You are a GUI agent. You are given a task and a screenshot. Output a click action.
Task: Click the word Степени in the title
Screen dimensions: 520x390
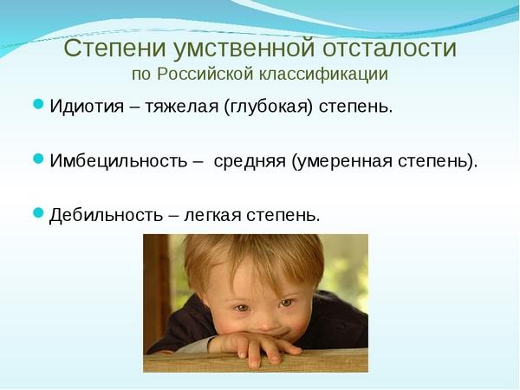coord(114,48)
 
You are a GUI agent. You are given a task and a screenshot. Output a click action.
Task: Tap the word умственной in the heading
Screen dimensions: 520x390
coord(244,49)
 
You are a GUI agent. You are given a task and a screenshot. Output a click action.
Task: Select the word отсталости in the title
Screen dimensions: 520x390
coord(389,48)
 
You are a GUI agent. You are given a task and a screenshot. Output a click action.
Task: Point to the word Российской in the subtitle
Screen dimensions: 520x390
coord(205,74)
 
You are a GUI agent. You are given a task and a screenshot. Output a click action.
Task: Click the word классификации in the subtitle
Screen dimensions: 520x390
coord(323,75)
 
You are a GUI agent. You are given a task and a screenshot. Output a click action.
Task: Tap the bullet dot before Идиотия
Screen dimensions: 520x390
coord(38,104)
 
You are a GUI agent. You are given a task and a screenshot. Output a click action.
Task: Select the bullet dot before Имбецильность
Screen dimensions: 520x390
coord(38,159)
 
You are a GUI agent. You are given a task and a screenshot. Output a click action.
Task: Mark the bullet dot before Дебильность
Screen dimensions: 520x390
coord(38,213)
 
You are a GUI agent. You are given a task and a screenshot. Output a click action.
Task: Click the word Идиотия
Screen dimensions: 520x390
coord(87,107)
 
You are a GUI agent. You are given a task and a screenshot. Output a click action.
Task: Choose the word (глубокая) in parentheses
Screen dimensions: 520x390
coord(269,107)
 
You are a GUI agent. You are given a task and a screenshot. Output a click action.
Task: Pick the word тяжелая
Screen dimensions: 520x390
coord(182,107)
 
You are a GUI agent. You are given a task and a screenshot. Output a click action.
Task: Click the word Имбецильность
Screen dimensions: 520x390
coord(119,161)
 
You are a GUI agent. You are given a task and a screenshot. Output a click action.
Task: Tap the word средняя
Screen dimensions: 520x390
coord(250,162)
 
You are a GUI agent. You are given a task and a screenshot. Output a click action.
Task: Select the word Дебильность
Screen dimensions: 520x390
coord(106,216)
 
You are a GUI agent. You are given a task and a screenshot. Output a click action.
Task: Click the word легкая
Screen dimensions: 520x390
coord(212,216)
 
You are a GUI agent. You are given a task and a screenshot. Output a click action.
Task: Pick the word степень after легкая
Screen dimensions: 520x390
coord(283,216)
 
